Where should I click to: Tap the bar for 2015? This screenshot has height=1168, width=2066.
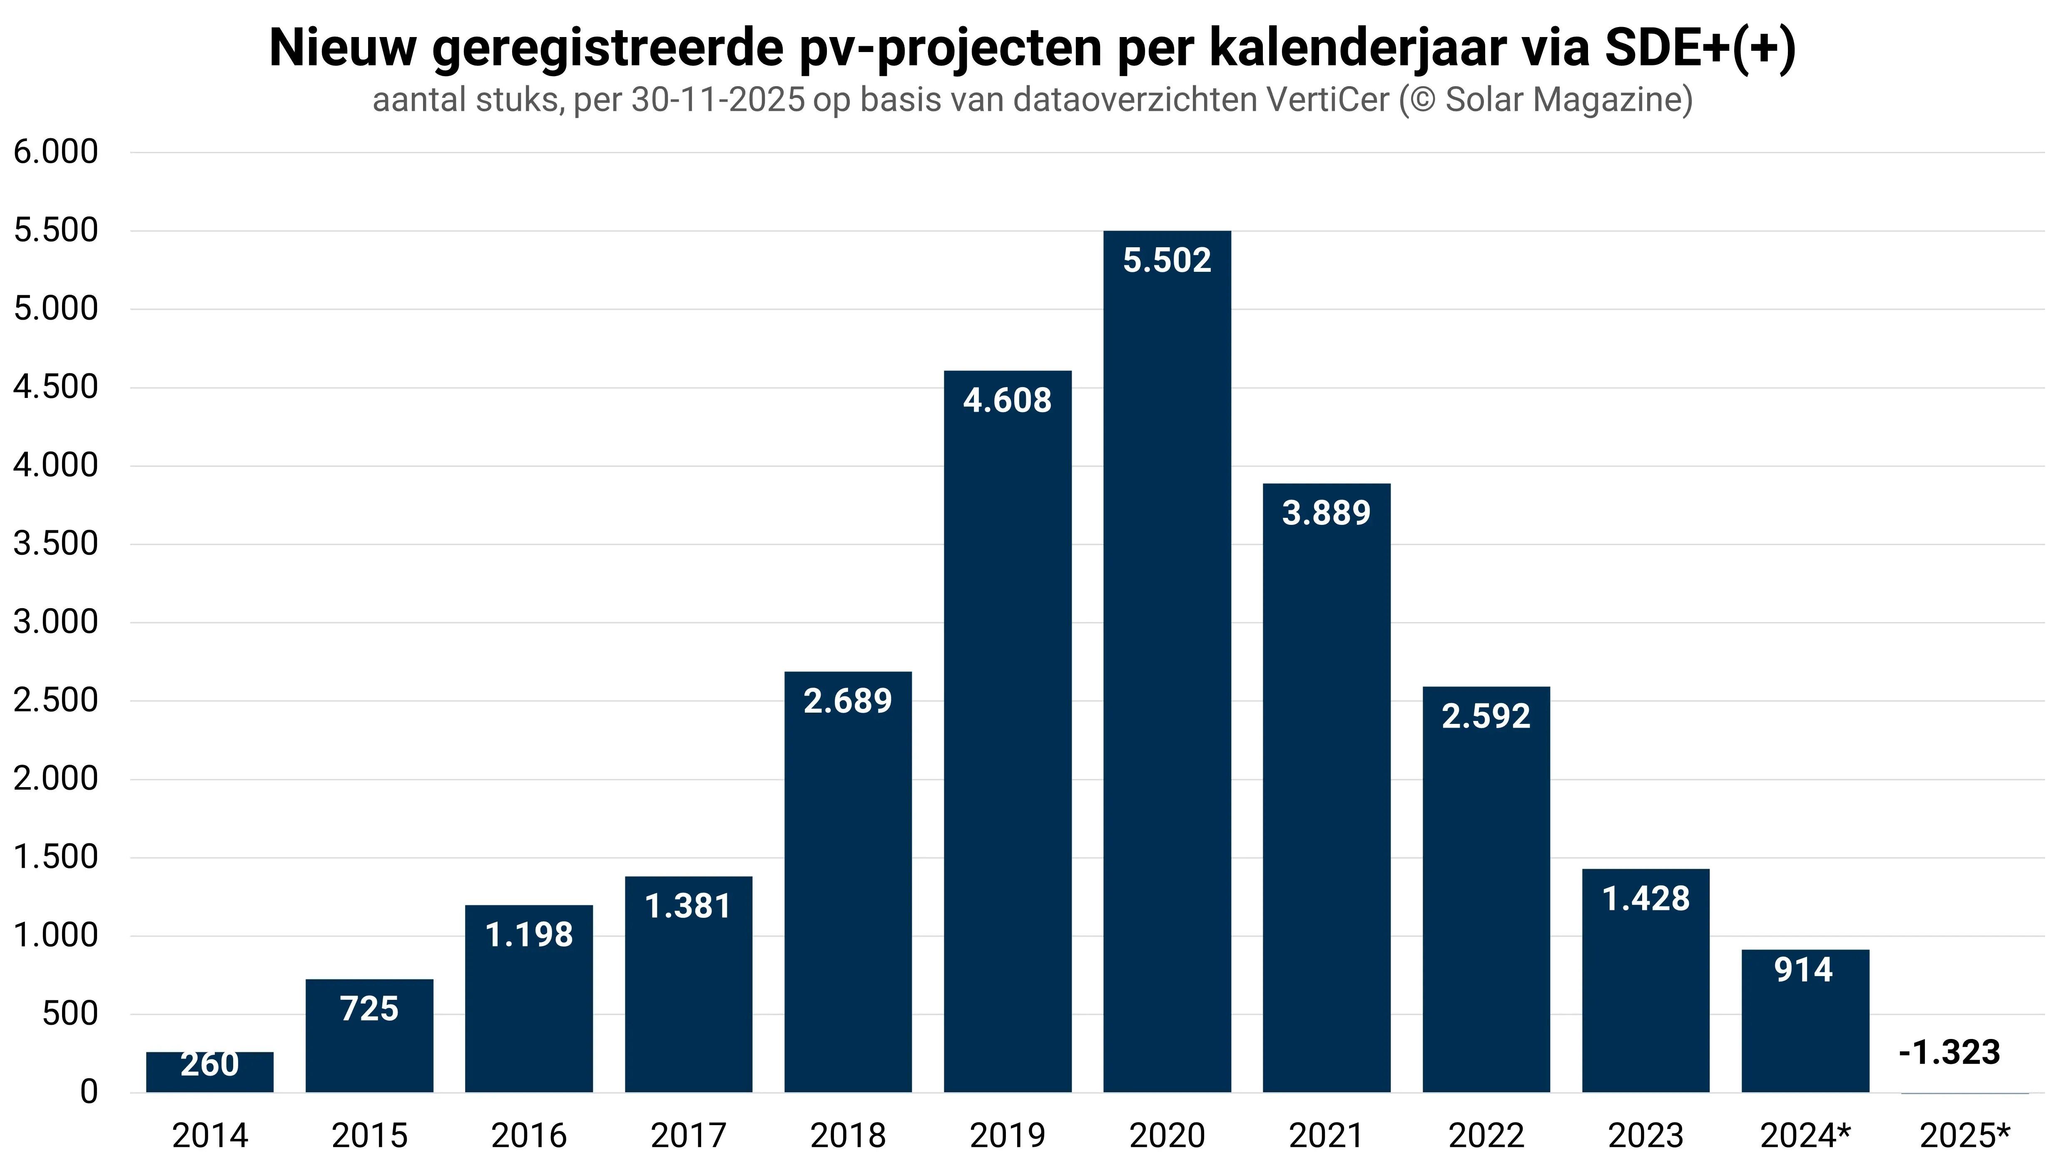(x=369, y=1043)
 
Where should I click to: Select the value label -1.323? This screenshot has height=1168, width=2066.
(x=1950, y=1052)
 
